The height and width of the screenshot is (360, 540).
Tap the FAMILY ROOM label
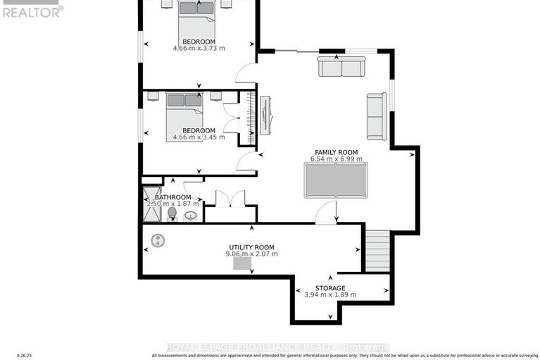[336, 152]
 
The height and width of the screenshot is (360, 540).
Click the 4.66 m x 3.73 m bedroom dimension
[199, 49]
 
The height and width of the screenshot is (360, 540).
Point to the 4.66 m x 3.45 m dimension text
[199, 137]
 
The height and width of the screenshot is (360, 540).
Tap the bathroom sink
[189, 216]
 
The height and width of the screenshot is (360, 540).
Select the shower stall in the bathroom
[151, 205]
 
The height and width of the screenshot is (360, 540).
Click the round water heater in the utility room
[159, 240]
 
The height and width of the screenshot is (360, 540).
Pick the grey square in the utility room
[243, 263]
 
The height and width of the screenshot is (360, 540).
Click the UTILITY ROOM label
[251, 247]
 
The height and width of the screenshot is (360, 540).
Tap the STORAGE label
[329, 288]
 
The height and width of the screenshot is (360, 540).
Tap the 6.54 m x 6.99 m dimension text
[336, 160]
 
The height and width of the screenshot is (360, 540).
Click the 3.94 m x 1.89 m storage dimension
[329, 295]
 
